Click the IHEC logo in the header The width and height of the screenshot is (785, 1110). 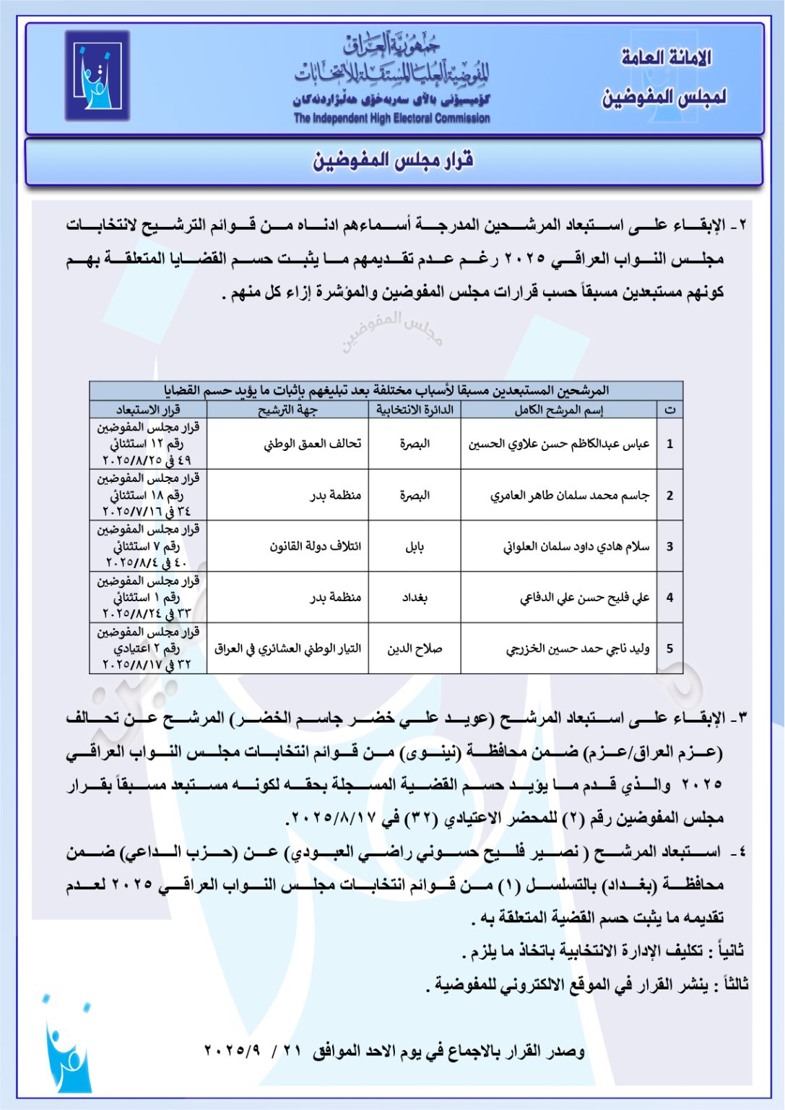pyautogui.click(x=97, y=75)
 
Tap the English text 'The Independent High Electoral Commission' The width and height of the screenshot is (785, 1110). pyautogui.click(x=391, y=119)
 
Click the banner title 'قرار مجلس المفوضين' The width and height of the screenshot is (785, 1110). pyautogui.click(x=393, y=160)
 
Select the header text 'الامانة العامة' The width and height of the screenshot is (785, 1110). pyautogui.click(x=666, y=58)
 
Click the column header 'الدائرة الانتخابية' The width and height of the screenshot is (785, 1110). pyautogui.click(x=415, y=410)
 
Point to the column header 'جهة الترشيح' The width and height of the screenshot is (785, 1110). pyautogui.click(x=287, y=410)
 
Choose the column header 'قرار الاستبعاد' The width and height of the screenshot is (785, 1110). pyautogui.click(x=148, y=410)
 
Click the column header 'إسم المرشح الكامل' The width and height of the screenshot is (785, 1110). pyautogui.click(x=558, y=410)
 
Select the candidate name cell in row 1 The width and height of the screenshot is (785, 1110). pyautogui.click(x=558, y=444)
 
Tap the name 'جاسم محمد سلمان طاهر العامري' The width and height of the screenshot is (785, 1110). pyautogui.click(x=569, y=495)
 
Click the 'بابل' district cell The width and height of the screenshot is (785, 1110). pyautogui.click(x=415, y=546)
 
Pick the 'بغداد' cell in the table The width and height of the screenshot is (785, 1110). pyautogui.click(x=415, y=598)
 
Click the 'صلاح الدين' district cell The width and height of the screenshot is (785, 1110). pyautogui.click(x=415, y=649)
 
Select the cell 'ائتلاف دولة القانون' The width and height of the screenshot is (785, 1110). pyautogui.click(x=315, y=546)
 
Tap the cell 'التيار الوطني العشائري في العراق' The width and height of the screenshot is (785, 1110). pyautogui.click(x=287, y=649)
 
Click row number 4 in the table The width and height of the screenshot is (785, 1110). pyautogui.click(x=669, y=598)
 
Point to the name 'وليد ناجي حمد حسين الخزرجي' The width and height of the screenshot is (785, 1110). pyautogui.click(x=577, y=649)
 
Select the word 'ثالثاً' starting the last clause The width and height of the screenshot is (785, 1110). pyautogui.click(x=735, y=984)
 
